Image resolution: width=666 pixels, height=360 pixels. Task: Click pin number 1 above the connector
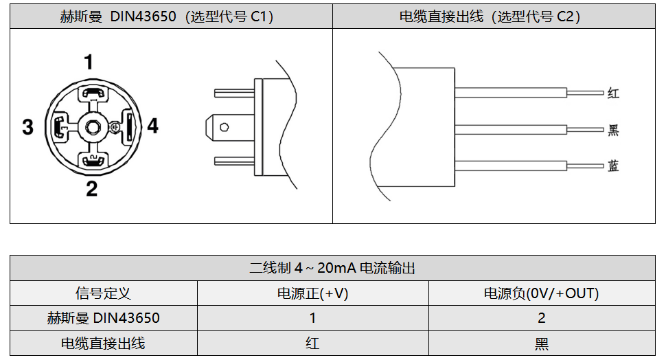[x=89, y=62]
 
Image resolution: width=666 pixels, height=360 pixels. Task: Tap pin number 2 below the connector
[x=92, y=189]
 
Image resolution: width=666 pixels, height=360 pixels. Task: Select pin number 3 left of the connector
[x=27, y=127]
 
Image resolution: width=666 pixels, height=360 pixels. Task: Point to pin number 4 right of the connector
[x=153, y=126]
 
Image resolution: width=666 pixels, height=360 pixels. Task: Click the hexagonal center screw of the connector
[x=92, y=126]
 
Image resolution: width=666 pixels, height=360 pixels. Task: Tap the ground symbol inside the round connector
[x=114, y=126]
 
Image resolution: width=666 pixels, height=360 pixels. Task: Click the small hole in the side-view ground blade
[x=225, y=127]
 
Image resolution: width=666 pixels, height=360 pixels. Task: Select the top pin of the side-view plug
[x=234, y=93]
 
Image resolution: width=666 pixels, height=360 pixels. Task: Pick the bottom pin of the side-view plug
[x=234, y=161]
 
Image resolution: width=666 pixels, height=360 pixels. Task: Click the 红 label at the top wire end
[x=613, y=93]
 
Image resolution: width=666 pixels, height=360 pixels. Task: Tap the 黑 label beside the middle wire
[x=613, y=130]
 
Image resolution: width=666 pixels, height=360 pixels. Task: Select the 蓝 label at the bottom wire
[x=613, y=166]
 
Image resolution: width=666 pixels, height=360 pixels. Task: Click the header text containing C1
[x=166, y=16]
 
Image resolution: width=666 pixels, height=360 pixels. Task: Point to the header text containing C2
[x=490, y=16]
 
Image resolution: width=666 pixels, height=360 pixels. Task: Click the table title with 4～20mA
[x=332, y=268]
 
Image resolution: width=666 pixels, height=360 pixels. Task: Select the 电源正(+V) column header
[x=312, y=293]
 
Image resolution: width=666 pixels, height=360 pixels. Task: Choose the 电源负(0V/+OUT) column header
[x=542, y=293]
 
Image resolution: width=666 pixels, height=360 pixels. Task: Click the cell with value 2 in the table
[x=542, y=318]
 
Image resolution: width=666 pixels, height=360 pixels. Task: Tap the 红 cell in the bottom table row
[x=312, y=344]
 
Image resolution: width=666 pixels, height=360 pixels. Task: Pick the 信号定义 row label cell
[x=103, y=293]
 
